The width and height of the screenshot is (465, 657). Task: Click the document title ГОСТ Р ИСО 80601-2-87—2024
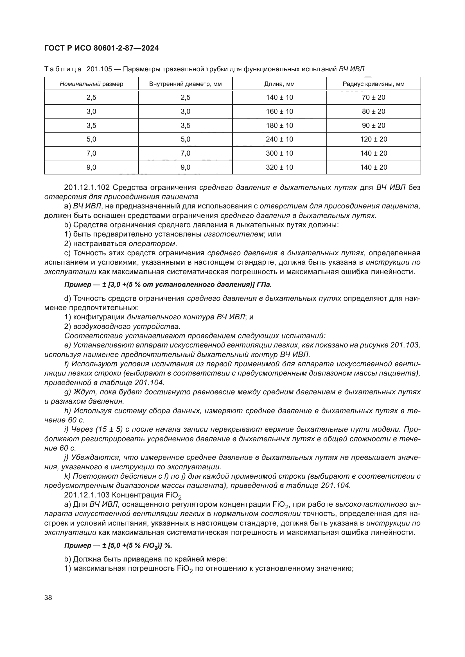(101, 48)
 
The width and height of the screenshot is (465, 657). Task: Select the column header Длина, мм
(279, 84)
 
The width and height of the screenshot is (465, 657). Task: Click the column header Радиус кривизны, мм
(373, 84)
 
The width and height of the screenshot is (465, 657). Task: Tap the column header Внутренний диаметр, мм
(185, 84)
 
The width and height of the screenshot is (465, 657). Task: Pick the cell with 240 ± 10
(279, 139)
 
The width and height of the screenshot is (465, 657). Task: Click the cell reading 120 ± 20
(373, 139)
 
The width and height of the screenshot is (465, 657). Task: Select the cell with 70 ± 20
(373, 97)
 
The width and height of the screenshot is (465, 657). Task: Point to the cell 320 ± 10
(279, 167)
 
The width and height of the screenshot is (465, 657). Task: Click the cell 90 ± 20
(373, 125)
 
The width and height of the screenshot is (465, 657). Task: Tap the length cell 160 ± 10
(279, 111)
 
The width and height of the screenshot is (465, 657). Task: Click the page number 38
(48, 597)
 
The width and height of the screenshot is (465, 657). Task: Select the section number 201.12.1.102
(87, 188)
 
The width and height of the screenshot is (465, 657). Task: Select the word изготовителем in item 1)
(233, 234)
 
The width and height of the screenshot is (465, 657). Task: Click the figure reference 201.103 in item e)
(405, 345)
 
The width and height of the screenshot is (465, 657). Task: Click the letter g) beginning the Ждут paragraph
(67, 392)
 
